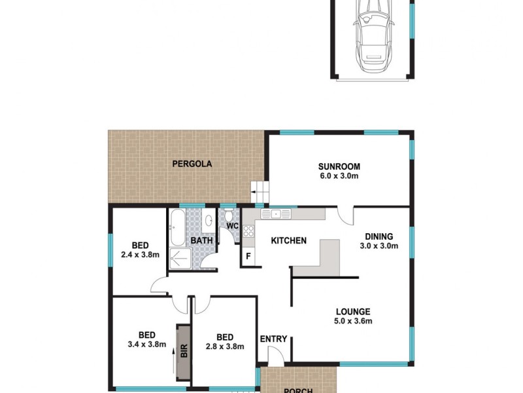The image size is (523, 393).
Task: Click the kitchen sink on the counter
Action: pyautogui.click(x=277, y=214)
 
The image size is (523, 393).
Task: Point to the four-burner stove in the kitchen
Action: pyautogui.click(x=248, y=231)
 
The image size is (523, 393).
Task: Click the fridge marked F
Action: pyautogui.click(x=248, y=256)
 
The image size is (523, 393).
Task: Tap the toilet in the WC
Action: pyautogui.click(x=230, y=217)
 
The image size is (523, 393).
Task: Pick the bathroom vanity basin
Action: pyautogui.click(x=207, y=220)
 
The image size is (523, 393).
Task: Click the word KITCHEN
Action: pyautogui.click(x=289, y=241)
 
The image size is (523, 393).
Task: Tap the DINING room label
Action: pyautogui.click(x=379, y=236)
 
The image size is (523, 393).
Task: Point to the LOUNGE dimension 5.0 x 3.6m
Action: pyautogui.click(x=353, y=321)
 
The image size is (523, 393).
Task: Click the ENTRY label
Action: pyautogui.click(x=273, y=339)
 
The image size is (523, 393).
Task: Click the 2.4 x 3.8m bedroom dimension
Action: pyautogui.click(x=141, y=255)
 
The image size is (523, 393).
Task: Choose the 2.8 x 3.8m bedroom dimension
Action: pyautogui.click(x=224, y=346)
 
